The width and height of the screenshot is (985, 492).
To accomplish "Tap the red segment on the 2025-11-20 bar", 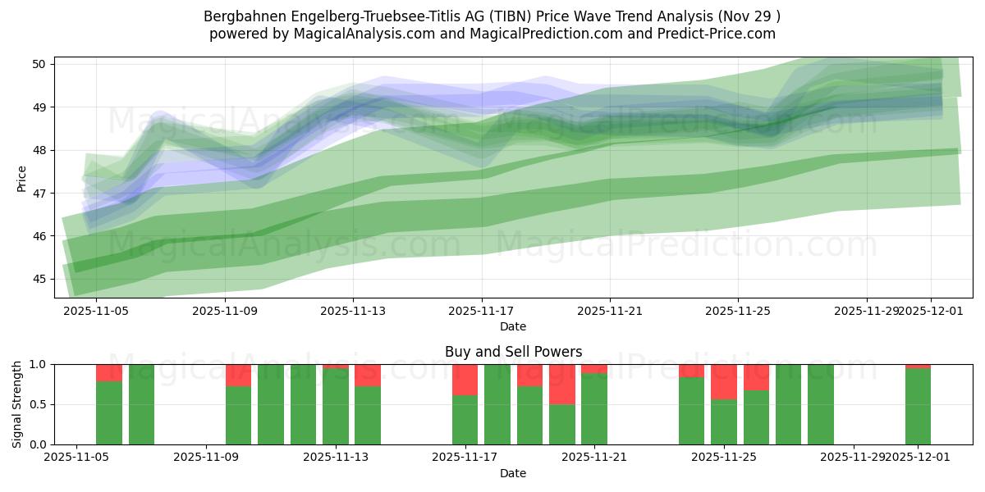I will [x=561, y=384].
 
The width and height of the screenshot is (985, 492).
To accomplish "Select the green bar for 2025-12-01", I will [x=918, y=406].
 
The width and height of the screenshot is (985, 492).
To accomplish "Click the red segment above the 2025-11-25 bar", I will [x=723, y=381].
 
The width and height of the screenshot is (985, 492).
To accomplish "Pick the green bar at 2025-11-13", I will [x=335, y=406].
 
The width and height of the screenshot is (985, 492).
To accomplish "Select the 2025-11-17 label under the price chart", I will [x=481, y=311].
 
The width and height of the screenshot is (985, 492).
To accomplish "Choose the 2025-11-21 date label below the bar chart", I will [x=593, y=458].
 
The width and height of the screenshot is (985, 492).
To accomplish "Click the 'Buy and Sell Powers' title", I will [x=513, y=352].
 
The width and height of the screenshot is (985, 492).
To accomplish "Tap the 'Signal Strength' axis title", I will [x=17, y=404].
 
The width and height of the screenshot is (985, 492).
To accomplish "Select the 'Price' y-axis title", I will [x=22, y=178].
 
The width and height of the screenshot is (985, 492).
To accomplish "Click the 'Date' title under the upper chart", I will [x=513, y=326].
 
